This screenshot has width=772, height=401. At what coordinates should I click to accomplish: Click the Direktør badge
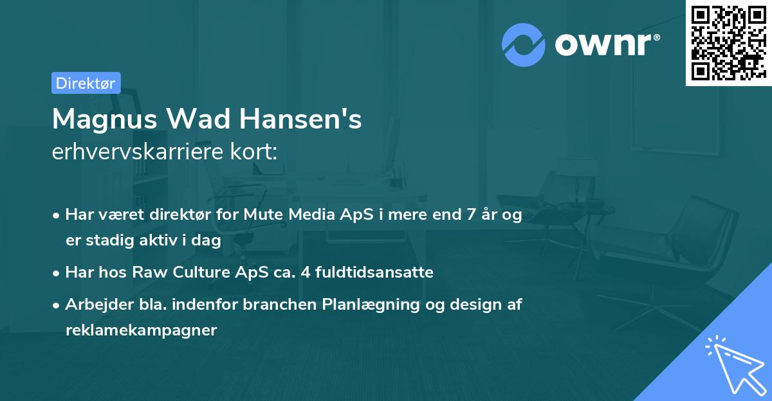click(x=86, y=83)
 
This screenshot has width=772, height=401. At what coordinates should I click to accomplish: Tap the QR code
click(x=728, y=43)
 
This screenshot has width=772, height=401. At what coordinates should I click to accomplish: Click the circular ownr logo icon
click(x=524, y=44)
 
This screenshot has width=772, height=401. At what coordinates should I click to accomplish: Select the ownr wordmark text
click(x=605, y=44)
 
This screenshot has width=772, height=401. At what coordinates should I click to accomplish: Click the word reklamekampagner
click(x=142, y=330)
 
